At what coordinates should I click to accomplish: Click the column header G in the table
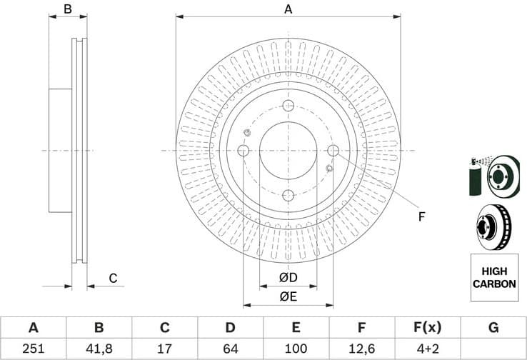pos(493,328)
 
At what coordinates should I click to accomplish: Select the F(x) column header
pos(427,328)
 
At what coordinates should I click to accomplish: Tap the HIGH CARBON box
pos(494,278)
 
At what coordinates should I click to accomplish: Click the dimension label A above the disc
pos(288,9)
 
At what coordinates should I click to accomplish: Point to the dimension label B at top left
pos(68,9)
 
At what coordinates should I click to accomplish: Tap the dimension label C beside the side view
pos(113,278)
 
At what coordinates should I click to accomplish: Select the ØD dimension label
pos(288,277)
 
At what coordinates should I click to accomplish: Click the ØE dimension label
pos(288,296)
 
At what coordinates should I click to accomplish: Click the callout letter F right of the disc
pos(421,216)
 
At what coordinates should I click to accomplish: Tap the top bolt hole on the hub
pos(288,106)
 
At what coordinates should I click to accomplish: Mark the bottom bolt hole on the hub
pos(288,196)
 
